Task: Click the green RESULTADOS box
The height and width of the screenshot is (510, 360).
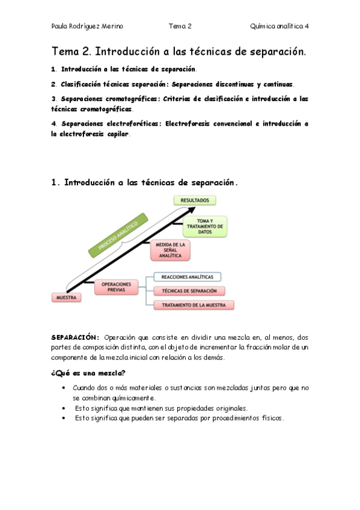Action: point(195,200)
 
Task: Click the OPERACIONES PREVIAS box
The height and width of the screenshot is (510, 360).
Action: point(116,286)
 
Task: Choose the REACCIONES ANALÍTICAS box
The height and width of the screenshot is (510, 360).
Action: point(187,277)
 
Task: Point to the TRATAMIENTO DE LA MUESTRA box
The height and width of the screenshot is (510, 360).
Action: point(189,306)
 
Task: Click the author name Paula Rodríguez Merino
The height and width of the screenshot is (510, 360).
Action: point(87,26)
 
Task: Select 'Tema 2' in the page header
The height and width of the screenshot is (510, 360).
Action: point(180,26)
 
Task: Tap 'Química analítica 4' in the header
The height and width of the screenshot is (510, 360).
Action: point(279,26)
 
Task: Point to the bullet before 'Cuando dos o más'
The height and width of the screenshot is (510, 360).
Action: point(64,389)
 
